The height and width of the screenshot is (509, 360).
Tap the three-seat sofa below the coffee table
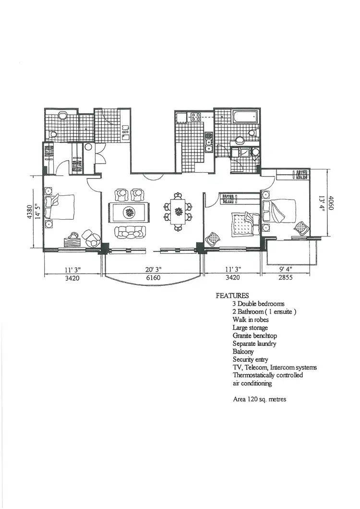click(x=128, y=232)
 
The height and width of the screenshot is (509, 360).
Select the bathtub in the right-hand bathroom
click(x=245, y=117)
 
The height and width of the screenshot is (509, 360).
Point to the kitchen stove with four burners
click(x=196, y=117)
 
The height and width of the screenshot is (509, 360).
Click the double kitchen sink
click(x=209, y=142)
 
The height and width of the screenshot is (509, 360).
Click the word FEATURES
click(x=232, y=296)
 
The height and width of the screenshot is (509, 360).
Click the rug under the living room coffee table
click(x=128, y=212)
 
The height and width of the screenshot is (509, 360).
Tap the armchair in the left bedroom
click(x=91, y=237)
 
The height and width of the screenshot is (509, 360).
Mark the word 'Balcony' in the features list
click(x=243, y=352)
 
